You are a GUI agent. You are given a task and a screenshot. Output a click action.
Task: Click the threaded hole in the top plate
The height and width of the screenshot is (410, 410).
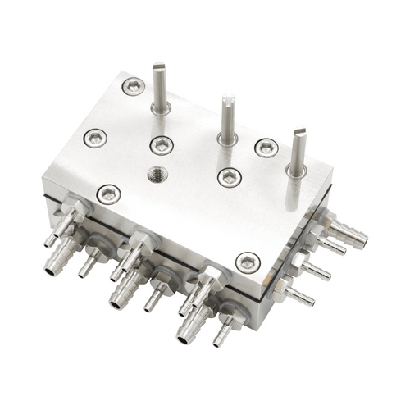point(155,174)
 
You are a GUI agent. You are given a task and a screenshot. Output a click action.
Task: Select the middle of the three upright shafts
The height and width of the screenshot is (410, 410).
point(227,119)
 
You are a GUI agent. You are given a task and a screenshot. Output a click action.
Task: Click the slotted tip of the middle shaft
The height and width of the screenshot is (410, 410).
point(227,102)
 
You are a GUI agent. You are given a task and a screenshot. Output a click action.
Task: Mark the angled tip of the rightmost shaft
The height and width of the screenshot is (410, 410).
point(300,133)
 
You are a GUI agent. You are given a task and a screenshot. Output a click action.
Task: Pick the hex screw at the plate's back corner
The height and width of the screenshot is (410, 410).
point(132,84)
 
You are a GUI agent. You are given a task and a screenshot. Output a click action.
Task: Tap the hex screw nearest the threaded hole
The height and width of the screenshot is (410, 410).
point(162,145)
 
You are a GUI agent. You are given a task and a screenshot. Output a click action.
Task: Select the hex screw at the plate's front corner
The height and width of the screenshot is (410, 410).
point(248,262)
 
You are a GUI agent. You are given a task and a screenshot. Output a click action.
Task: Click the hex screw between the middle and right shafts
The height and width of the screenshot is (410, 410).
point(266,148)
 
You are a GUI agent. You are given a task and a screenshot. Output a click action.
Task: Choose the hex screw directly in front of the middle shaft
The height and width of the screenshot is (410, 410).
point(230,175)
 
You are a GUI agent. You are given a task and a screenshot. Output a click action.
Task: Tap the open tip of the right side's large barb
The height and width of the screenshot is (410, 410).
point(361,241)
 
